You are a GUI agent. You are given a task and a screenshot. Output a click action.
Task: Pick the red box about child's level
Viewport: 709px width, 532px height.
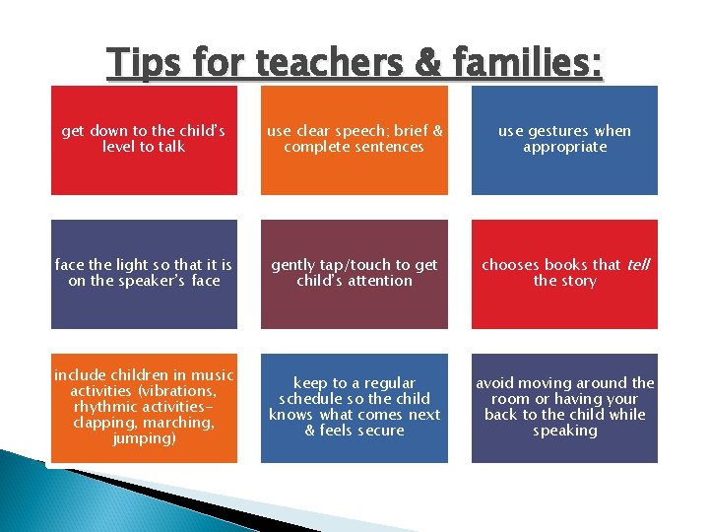(144, 140)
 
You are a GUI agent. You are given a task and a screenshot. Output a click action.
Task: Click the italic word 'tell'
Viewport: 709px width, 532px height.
(638, 265)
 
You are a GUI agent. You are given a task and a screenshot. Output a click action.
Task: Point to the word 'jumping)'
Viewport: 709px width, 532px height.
(144, 438)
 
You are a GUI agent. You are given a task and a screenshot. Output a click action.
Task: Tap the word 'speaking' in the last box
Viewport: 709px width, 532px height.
(565, 431)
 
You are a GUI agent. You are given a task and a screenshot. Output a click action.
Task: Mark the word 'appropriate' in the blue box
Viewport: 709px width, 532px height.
(565, 147)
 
